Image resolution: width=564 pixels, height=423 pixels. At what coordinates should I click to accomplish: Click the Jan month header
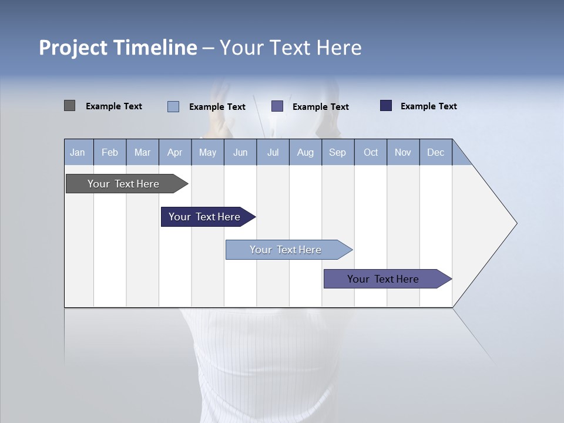click(78, 152)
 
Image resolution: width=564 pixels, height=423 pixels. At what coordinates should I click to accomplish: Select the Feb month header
click(110, 152)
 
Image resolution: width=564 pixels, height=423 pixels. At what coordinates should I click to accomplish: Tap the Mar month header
click(142, 152)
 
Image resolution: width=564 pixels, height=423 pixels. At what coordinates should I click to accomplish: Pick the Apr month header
click(175, 152)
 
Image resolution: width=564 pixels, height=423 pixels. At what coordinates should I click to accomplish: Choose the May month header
click(207, 152)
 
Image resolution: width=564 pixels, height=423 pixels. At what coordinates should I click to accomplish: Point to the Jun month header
click(240, 152)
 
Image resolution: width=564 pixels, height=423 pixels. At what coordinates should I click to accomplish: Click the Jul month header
click(273, 152)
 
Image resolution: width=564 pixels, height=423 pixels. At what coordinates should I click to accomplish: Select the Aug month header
click(305, 152)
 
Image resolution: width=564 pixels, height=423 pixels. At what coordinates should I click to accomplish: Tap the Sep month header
click(338, 152)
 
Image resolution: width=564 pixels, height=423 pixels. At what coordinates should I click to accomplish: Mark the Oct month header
click(371, 152)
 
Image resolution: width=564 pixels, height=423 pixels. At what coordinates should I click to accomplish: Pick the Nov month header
click(403, 152)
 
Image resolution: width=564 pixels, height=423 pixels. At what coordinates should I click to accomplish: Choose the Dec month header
click(436, 152)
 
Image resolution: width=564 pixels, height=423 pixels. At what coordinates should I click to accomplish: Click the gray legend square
click(70, 106)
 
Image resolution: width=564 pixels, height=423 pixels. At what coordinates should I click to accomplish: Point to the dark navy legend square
click(386, 106)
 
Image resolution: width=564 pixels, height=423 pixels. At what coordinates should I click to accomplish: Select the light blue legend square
click(173, 106)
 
